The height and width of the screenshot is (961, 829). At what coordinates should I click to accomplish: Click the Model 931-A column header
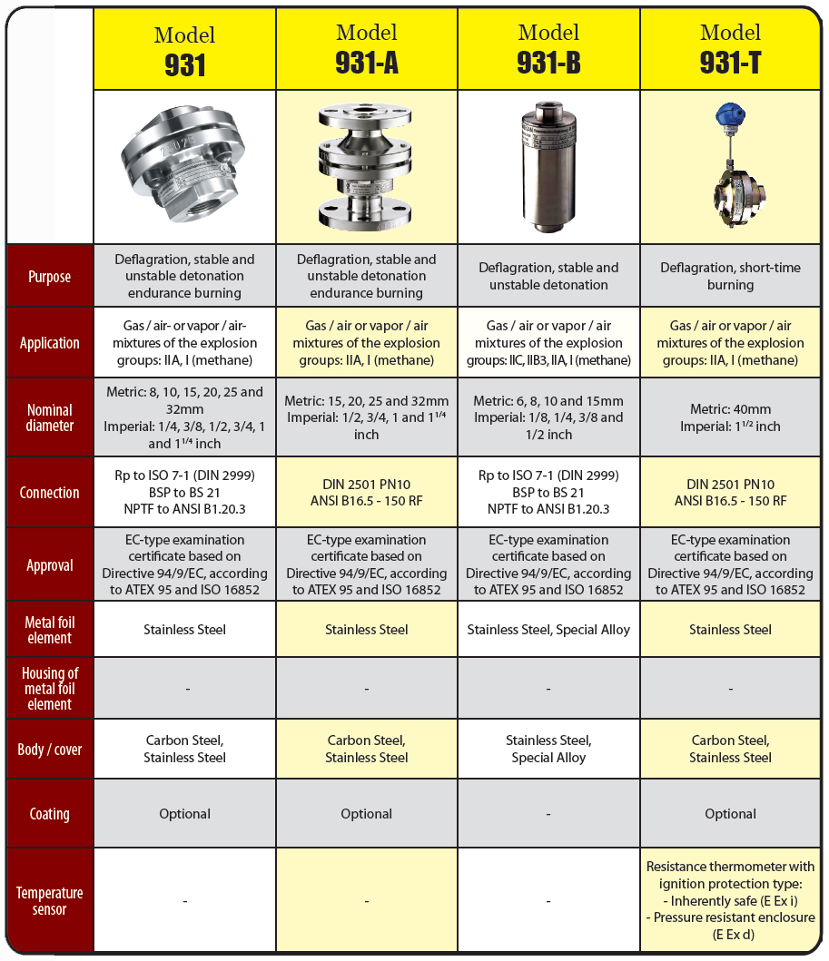(367, 49)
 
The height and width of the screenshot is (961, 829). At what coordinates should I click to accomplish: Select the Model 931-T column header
(731, 49)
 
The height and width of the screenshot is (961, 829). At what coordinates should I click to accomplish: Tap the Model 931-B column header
(548, 49)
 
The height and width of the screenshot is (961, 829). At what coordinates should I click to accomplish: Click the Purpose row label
(49, 276)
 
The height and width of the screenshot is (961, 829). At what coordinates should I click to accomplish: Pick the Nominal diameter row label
(49, 418)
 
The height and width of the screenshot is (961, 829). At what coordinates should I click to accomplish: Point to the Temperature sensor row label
(49, 901)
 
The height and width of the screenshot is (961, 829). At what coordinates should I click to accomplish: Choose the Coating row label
(49, 813)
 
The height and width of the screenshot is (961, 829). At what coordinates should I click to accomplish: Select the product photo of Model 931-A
(367, 167)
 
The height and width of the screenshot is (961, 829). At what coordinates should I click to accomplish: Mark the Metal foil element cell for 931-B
(548, 629)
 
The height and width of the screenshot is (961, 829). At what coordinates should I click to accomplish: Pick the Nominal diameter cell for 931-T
(731, 417)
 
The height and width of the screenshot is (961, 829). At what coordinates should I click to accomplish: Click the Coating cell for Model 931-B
(548, 813)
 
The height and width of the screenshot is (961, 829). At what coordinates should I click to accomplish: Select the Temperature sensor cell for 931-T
(731, 901)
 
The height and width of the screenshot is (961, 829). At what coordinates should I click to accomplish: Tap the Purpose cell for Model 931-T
(731, 276)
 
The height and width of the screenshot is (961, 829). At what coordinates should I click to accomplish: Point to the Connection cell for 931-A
(367, 492)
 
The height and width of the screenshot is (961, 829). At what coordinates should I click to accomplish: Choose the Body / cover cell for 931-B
(548, 749)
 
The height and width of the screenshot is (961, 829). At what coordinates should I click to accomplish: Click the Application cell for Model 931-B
(548, 343)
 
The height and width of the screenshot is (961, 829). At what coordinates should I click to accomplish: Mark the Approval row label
(49, 564)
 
